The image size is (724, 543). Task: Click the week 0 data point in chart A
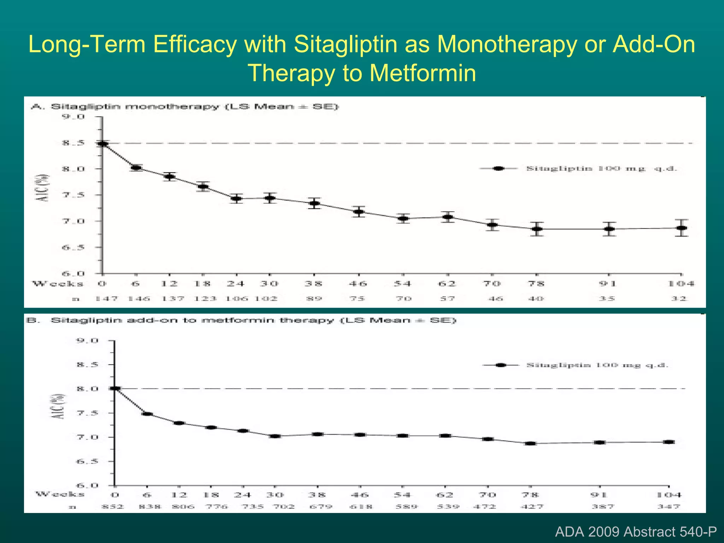[103, 144]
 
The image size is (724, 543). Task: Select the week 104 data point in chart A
[682, 228]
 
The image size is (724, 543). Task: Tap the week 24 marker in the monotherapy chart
[237, 198]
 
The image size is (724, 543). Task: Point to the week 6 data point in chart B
[147, 414]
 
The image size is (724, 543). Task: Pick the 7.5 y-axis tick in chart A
[74, 195]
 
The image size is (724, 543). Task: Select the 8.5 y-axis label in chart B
[87, 365]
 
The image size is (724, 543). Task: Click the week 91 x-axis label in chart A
[607, 284]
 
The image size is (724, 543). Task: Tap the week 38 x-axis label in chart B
[318, 495]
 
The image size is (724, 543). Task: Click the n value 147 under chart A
[106, 299]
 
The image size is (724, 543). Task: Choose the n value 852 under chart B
[112, 507]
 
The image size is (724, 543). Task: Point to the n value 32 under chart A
[679, 299]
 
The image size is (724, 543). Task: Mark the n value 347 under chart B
[668, 507]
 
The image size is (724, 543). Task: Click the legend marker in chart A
[498, 169]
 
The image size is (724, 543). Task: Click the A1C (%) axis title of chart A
[43, 188]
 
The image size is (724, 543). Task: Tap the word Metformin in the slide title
[423, 73]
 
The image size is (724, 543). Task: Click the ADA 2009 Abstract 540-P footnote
[636, 532]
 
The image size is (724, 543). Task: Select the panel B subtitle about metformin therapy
[253, 321]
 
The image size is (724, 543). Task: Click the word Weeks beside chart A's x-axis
[58, 284]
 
